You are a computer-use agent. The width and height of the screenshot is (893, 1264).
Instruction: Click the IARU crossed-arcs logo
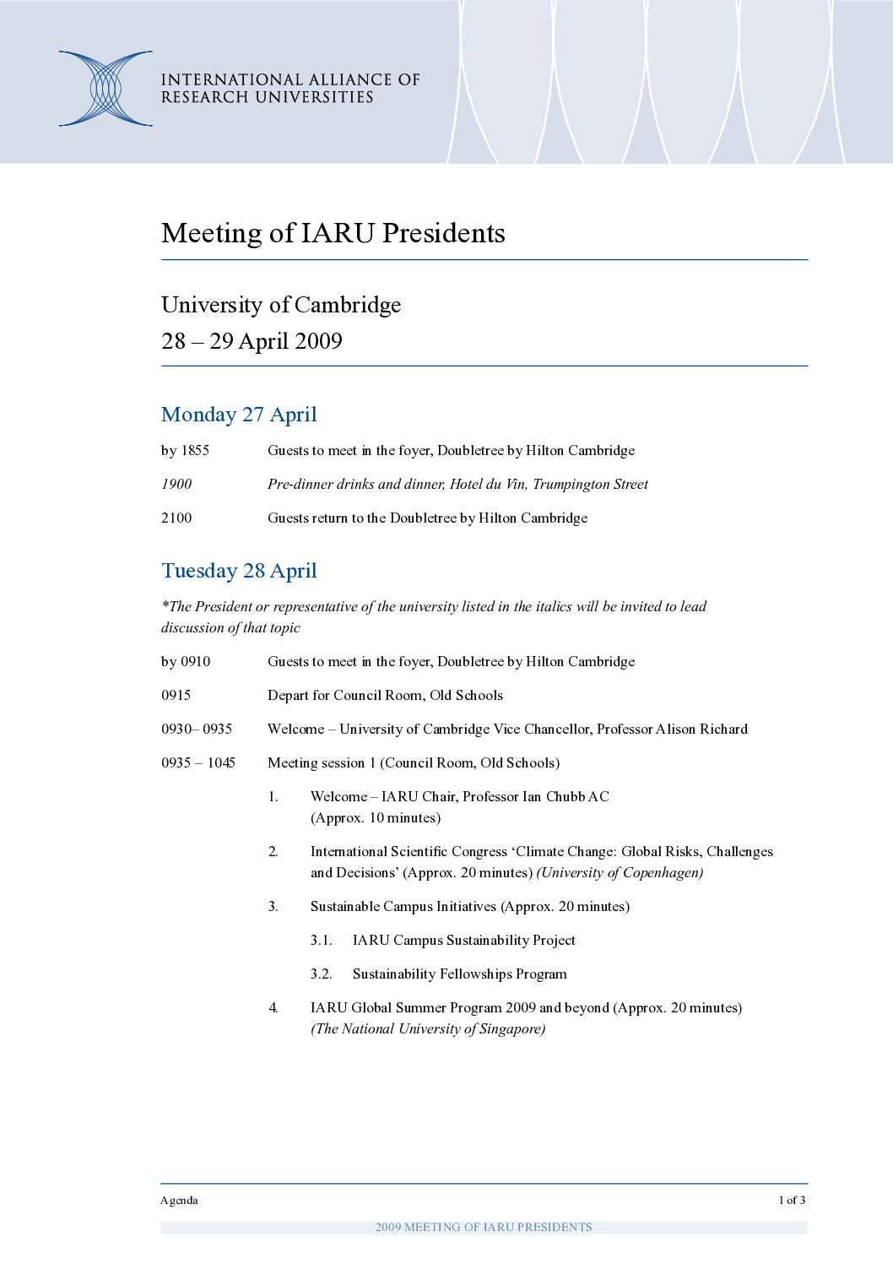(x=106, y=89)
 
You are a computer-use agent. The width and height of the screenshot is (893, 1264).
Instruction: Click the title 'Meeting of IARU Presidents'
(x=333, y=233)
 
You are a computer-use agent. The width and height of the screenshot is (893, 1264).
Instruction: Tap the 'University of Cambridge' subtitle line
(x=281, y=305)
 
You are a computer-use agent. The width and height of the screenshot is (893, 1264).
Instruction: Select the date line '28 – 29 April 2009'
(x=252, y=341)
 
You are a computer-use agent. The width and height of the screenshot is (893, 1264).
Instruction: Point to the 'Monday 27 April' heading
(x=239, y=415)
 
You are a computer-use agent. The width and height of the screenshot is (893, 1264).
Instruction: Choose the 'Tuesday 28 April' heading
(x=239, y=571)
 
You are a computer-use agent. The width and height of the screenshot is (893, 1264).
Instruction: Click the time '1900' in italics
(x=176, y=485)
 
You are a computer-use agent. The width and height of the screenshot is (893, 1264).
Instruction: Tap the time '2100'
(x=176, y=518)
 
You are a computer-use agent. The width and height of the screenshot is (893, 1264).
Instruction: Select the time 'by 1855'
(x=185, y=451)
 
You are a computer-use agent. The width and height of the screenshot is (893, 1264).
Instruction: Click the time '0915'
(x=176, y=696)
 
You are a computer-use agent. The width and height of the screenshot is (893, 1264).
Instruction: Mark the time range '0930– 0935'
(x=197, y=730)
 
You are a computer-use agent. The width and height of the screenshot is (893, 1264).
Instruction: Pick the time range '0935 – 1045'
(x=198, y=763)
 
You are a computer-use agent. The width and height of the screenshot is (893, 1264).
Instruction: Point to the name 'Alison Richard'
(x=701, y=730)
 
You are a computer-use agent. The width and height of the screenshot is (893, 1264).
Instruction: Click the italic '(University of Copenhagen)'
(x=620, y=873)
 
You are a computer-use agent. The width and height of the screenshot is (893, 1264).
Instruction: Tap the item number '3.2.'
(x=321, y=974)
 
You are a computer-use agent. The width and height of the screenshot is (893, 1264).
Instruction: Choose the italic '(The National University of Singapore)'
(x=428, y=1029)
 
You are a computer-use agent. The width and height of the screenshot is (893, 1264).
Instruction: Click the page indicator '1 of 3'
(x=792, y=1201)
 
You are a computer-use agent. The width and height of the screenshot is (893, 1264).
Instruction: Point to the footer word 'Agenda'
(x=179, y=1201)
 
